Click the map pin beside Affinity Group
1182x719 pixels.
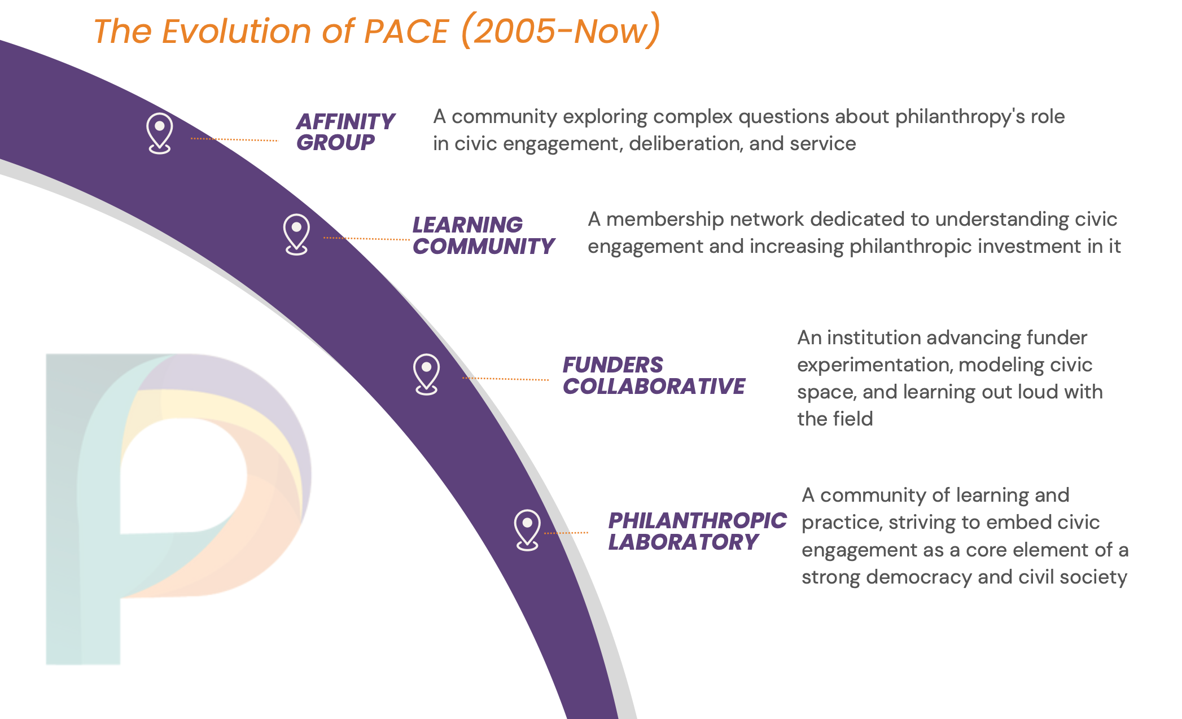pos(159,133)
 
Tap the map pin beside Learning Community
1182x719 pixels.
pos(296,234)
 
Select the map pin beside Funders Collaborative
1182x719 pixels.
pos(426,374)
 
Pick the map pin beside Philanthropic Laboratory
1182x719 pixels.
pos(527,530)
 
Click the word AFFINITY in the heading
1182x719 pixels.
pos(345,121)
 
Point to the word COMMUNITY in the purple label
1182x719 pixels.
pos(484,246)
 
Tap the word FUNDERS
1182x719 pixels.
pos(613,365)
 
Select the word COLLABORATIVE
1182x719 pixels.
pos(654,386)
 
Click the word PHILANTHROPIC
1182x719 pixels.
pos(697,520)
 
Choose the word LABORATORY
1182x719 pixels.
pos(683,542)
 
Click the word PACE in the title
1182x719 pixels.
pos(406,31)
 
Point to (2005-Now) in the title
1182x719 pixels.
pos(561,30)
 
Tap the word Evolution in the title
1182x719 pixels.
pos(237,31)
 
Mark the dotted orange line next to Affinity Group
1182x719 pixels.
pos(234,139)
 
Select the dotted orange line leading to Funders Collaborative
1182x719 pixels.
pos(505,379)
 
